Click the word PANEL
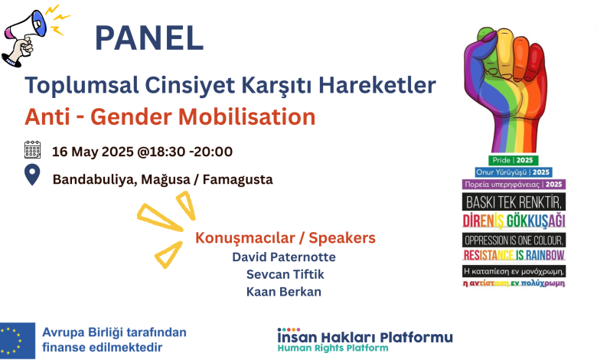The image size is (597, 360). pos(149,38)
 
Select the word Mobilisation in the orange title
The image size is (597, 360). pos(246,116)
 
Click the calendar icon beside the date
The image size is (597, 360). pos(32,149)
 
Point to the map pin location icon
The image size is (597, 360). pos(32,175)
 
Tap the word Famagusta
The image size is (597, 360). pos(237,179)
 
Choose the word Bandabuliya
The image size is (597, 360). pos(95,179)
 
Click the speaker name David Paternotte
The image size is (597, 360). pos(284,257)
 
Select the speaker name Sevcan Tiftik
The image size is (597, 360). pos(285,274)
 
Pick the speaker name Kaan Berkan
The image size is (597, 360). pos(284,292)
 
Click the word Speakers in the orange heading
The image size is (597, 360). pos(342,237)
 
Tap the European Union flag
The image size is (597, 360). pos(18,341)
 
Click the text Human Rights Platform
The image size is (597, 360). pos(333,349)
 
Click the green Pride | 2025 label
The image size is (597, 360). pos(514,160)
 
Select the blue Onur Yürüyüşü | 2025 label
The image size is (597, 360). pos(514,172)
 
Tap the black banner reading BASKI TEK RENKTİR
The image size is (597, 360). pos(514,202)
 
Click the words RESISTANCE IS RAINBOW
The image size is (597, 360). pos(514,255)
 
